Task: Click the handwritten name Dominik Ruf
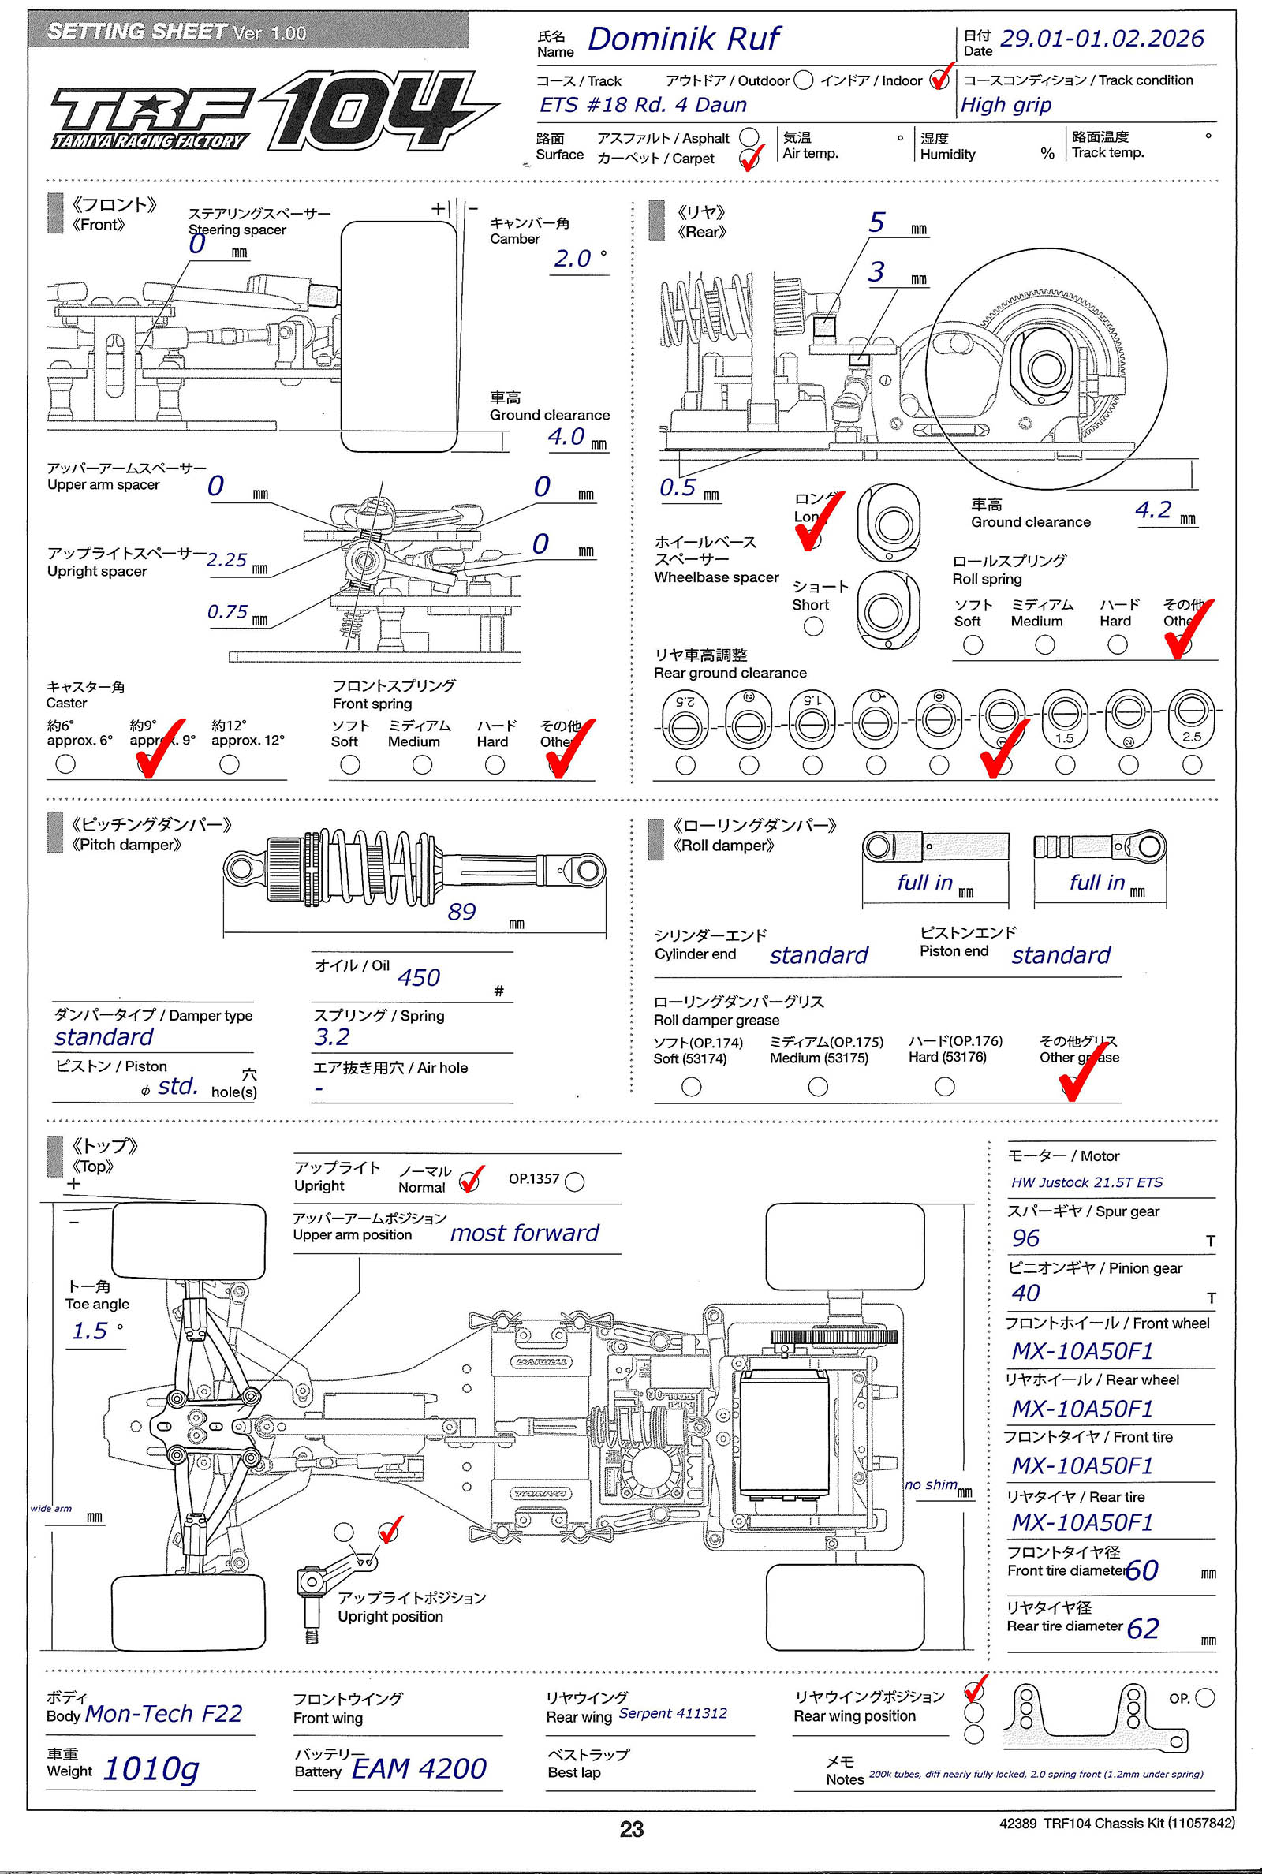[683, 39]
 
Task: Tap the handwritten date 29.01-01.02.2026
[1101, 39]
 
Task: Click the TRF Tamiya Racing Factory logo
[151, 119]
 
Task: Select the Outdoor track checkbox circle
[802, 80]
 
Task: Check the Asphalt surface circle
[749, 136]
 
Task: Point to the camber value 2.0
[573, 259]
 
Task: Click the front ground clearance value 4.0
[566, 437]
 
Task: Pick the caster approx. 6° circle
[66, 763]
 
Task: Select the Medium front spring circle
[422, 764]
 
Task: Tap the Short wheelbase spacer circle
[814, 625]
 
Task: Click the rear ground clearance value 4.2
[1152, 510]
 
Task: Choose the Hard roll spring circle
[1117, 644]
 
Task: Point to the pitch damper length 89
[461, 912]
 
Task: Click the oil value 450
[419, 978]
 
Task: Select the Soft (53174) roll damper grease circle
[691, 1086]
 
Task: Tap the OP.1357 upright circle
[575, 1182]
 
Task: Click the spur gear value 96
[1025, 1238]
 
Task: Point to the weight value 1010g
[151, 1768]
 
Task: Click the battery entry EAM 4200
[419, 1768]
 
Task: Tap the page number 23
[632, 1829]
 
